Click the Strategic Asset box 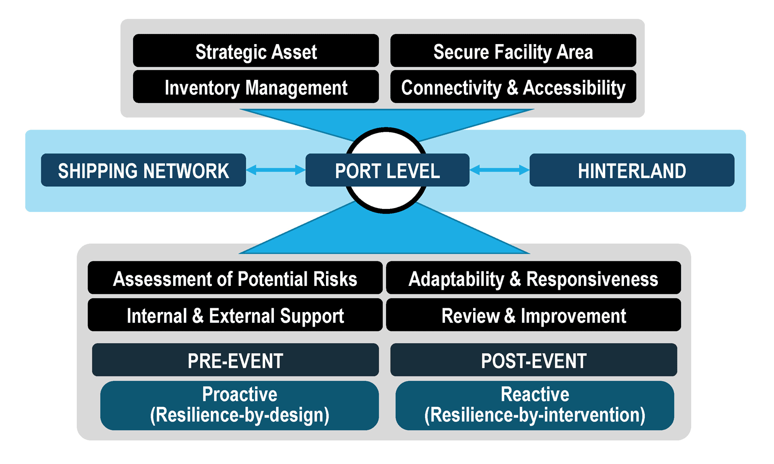click(x=256, y=50)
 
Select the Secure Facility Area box click(x=513, y=50)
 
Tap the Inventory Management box click(x=256, y=87)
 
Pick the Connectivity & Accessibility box click(x=513, y=87)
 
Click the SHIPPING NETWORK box click(x=143, y=170)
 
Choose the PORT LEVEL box click(x=387, y=170)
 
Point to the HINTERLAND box click(x=632, y=170)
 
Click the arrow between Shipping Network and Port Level click(x=276, y=170)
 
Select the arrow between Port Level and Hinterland click(x=499, y=170)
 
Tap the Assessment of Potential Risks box click(x=235, y=277)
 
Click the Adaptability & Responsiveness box click(x=534, y=277)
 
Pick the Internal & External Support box click(x=235, y=315)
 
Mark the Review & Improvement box click(x=534, y=315)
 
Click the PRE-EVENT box click(x=235, y=359)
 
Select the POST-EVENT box click(x=534, y=359)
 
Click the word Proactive click(x=239, y=394)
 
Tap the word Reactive click(x=535, y=394)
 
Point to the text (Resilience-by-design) click(x=239, y=415)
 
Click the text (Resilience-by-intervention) click(x=535, y=415)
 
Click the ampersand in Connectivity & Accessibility click(x=512, y=87)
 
